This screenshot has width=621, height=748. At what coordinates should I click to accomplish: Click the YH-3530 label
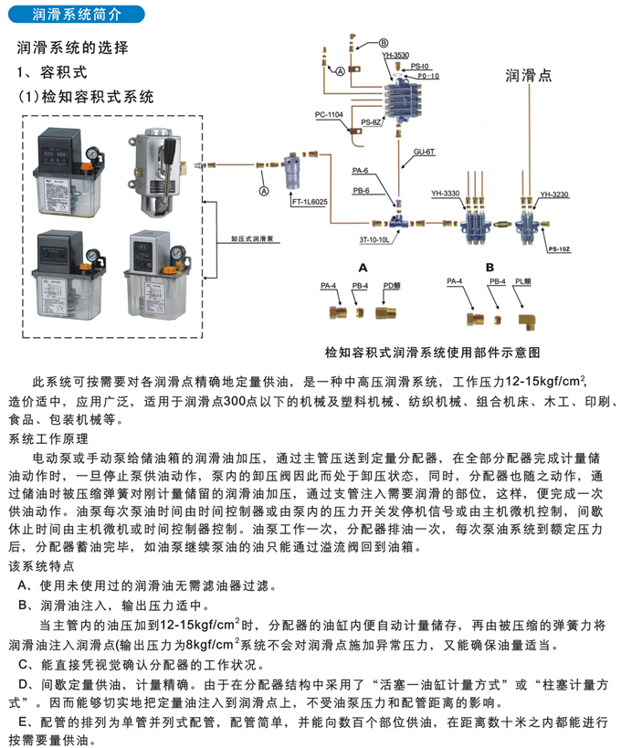coord(395,56)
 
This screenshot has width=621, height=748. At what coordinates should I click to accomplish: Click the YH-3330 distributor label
coord(445,193)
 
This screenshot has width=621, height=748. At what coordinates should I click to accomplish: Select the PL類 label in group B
coord(523,283)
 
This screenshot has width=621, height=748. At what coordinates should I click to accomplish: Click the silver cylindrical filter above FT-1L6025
coord(292,170)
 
